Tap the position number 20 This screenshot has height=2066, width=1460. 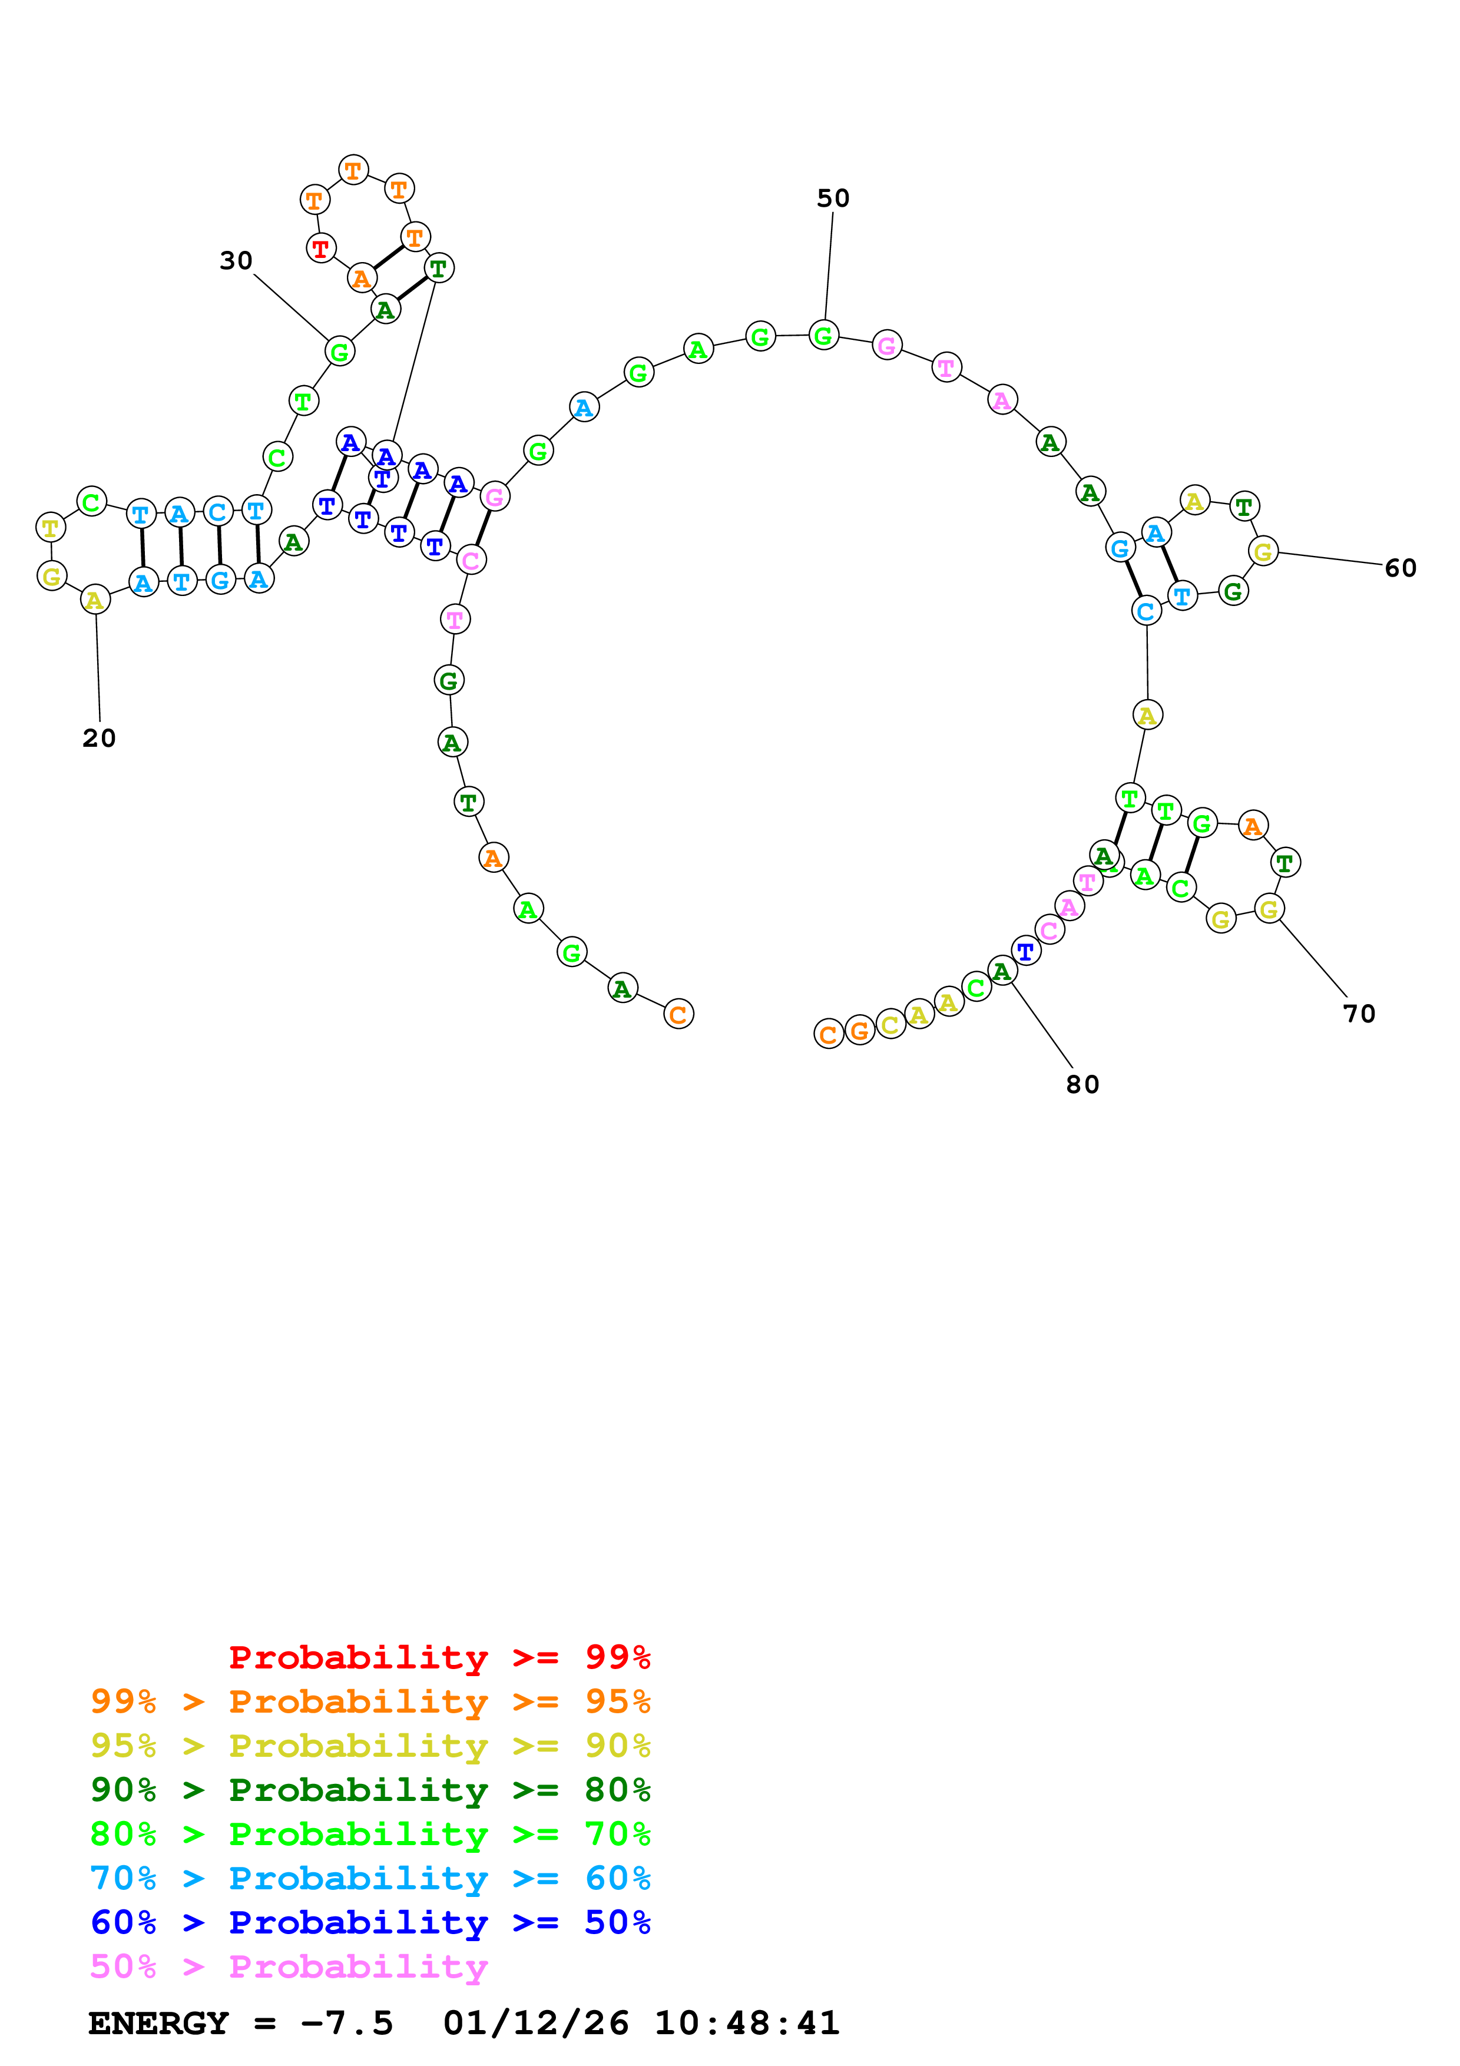99,738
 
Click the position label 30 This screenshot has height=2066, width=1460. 236,260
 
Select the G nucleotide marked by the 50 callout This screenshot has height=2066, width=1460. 823,336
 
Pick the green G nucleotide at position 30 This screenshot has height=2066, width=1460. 339,351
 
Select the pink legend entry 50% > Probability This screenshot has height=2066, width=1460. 289,1967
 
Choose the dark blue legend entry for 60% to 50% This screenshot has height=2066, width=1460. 370,1922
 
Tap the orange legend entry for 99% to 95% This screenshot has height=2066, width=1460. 370,1701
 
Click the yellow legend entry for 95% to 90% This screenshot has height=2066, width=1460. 370,1746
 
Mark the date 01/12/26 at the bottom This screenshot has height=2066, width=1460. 535,2024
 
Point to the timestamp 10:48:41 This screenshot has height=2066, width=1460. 747,2024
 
